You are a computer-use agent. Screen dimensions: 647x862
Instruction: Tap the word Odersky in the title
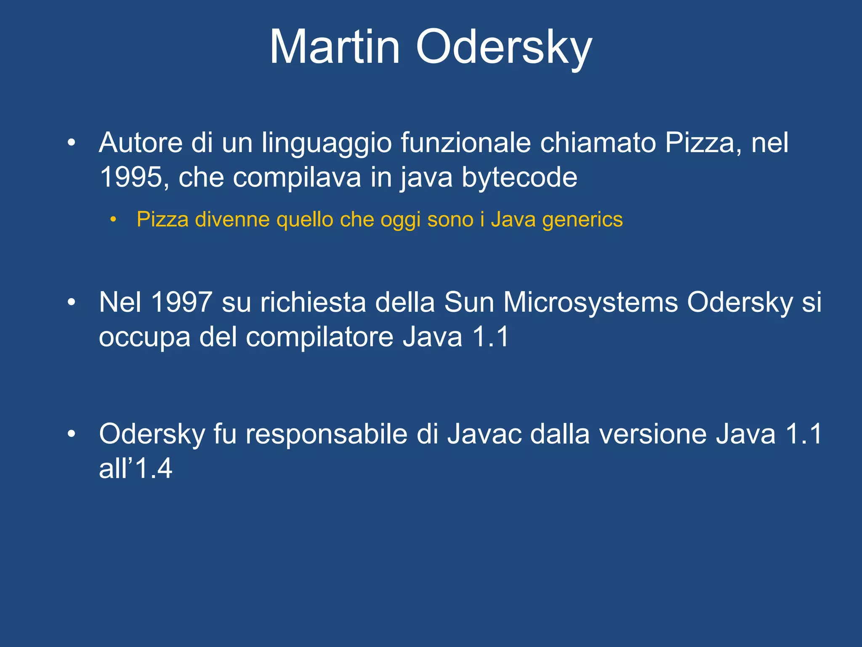[x=504, y=47]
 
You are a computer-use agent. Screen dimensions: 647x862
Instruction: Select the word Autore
[x=141, y=143]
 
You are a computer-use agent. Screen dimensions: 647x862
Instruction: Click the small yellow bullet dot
[x=112, y=219]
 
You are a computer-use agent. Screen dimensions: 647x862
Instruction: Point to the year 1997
[x=181, y=302]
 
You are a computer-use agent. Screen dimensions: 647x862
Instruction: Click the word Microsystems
[x=591, y=303]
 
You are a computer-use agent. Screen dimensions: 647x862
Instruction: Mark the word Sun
[x=468, y=302]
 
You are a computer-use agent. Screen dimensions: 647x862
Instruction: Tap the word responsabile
[x=327, y=434]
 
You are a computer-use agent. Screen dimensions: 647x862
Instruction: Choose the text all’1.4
[x=136, y=468]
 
